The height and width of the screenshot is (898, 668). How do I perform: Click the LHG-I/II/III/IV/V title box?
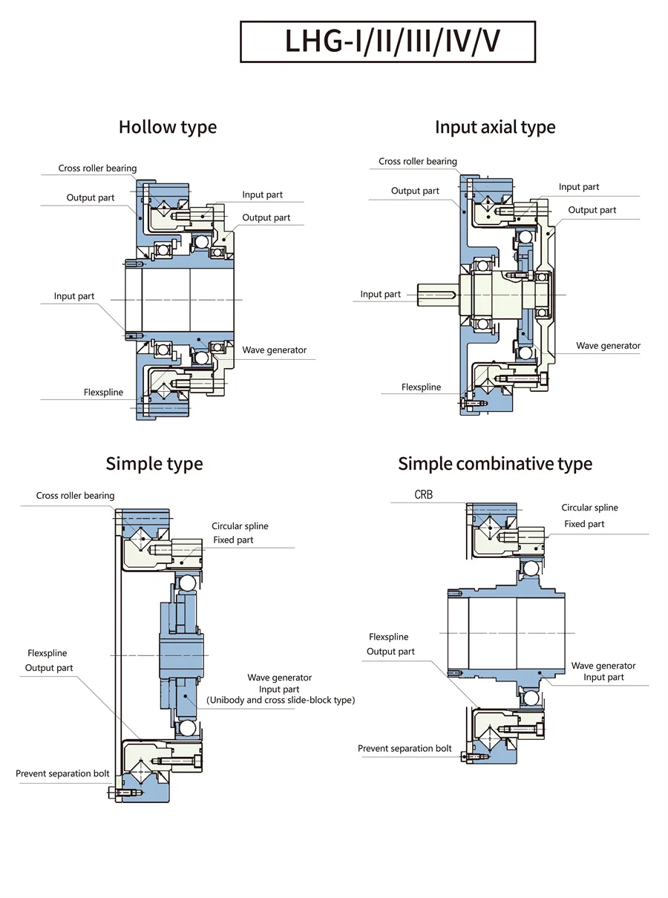(387, 42)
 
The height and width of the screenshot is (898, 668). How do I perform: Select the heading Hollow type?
(168, 127)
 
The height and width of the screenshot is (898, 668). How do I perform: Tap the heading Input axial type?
(495, 127)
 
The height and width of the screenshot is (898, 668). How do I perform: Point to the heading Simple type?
(154, 464)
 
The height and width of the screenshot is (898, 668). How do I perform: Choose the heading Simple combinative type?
(495, 464)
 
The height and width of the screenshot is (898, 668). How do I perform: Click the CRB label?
(423, 494)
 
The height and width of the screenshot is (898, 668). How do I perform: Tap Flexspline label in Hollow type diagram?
(104, 392)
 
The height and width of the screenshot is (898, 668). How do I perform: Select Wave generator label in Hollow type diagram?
(274, 350)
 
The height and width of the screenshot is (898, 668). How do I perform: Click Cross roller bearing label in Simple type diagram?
(76, 496)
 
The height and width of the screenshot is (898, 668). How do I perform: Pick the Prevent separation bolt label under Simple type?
(62, 773)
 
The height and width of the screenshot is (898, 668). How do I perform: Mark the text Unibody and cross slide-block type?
(280, 700)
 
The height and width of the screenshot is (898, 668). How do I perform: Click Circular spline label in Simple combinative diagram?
(589, 508)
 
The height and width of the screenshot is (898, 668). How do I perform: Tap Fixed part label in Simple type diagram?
(233, 540)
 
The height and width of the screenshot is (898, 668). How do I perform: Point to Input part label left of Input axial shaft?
(381, 294)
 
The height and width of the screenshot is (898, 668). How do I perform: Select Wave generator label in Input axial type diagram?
(608, 346)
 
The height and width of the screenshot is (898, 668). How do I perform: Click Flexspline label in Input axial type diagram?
(421, 387)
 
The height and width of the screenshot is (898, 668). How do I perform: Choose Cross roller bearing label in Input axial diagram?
(418, 161)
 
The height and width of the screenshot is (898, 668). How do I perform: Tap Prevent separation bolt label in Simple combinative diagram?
(405, 748)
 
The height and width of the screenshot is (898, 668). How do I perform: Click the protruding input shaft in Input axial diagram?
(439, 295)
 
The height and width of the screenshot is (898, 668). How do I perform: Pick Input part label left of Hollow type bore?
(74, 296)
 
